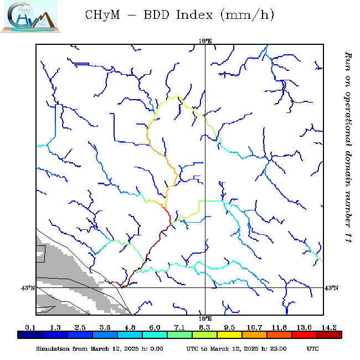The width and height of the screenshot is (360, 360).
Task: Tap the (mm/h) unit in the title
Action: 246,16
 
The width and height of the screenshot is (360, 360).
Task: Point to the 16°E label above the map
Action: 205,40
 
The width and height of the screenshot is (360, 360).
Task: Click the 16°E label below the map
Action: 205,319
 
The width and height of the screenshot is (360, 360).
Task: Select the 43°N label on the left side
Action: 28,288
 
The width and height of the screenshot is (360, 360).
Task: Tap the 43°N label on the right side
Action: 331,288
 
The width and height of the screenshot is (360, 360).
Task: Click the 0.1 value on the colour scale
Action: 30,328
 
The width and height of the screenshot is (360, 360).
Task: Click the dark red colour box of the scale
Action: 329,335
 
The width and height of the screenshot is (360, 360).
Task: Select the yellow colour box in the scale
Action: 229,335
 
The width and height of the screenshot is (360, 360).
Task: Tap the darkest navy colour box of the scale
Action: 30,335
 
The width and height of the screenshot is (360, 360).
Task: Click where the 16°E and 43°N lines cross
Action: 205,287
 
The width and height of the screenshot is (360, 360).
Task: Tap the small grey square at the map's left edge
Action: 40,253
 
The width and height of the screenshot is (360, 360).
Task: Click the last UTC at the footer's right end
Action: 313,349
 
